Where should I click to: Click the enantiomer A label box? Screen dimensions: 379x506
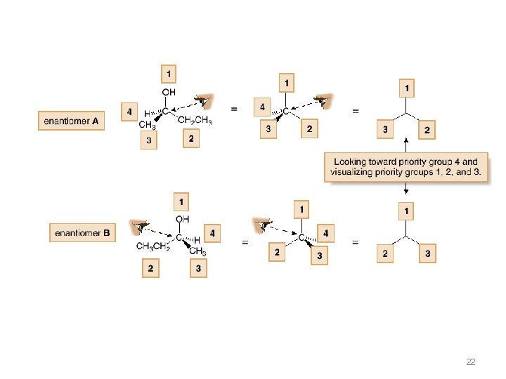pyautogui.click(x=72, y=121)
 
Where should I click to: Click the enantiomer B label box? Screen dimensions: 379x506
pyautogui.click(x=82, y=232)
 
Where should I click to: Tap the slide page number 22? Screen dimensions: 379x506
pyautogui.click(x=470, y=362)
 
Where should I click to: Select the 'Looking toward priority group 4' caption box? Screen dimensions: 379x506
pyautogui.click(x=406, y=167)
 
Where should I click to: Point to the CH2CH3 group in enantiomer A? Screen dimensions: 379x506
pyautogui.click(x=195, y=121)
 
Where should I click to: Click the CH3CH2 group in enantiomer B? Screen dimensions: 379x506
pyautogui.click(x=152, y=246)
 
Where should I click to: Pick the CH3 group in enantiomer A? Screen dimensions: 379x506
pyautogui.click(x=147, y=125)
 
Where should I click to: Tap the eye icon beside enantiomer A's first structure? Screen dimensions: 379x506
pyautogui.click(x=204, y=102)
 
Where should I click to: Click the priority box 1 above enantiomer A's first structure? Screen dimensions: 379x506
pyautogui.click(x=168, y=73)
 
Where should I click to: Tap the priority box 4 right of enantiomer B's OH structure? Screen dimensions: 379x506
pyautogui.click(x=212, y=234)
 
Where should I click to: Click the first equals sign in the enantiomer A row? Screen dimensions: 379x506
pyautogui.click(x=234, y=109)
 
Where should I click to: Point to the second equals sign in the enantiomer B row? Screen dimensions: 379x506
pyautogui.click(x=356, y=243)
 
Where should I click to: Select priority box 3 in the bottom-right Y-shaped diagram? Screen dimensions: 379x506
pyautogui.click(x=428, y=253)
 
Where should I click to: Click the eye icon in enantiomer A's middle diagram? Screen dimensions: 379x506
pyautogui.click(x=323, y=102)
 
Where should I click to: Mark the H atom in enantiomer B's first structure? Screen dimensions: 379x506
pyautogui.click(x=197, y=240)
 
